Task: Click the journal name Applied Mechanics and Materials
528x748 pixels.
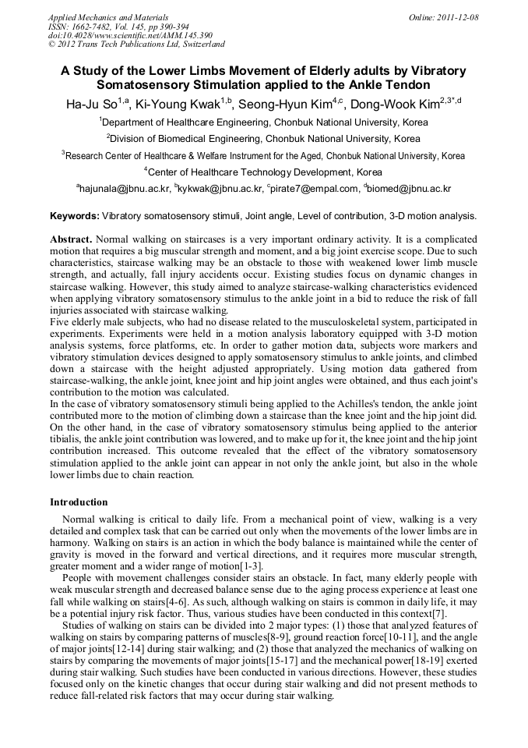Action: pos(108,17)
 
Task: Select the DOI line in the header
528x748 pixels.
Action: pos(130,35)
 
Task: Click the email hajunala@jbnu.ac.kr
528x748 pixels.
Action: pos(123,189)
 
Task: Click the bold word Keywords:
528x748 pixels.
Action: pos(75,215)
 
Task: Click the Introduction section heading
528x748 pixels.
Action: pos(79,502)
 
